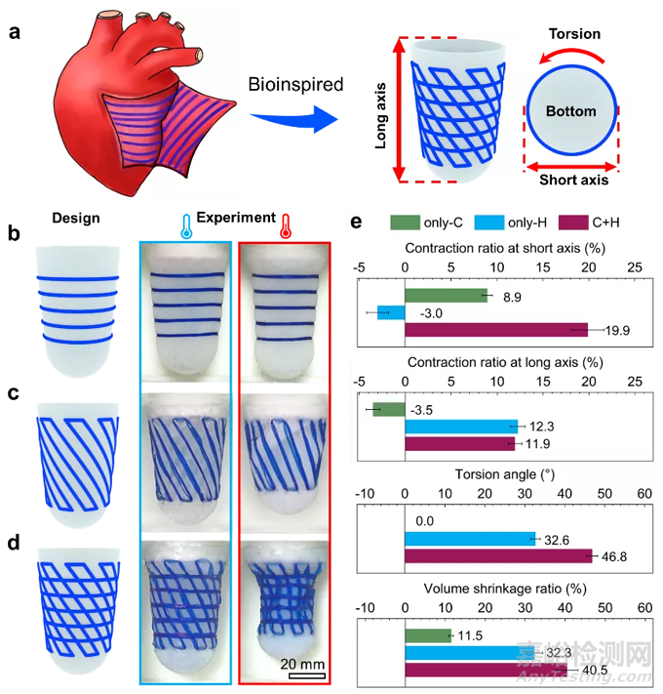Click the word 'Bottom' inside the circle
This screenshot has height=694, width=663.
(x=571, y=111)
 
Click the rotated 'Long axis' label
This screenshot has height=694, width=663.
(x=381, y=110)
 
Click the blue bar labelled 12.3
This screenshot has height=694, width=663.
(x=460, y=426)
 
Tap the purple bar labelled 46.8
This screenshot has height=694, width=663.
(x=497, y=555)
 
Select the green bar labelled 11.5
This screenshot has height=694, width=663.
(x=427, y=635)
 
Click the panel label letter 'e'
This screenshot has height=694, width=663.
(x=356, y=223)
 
